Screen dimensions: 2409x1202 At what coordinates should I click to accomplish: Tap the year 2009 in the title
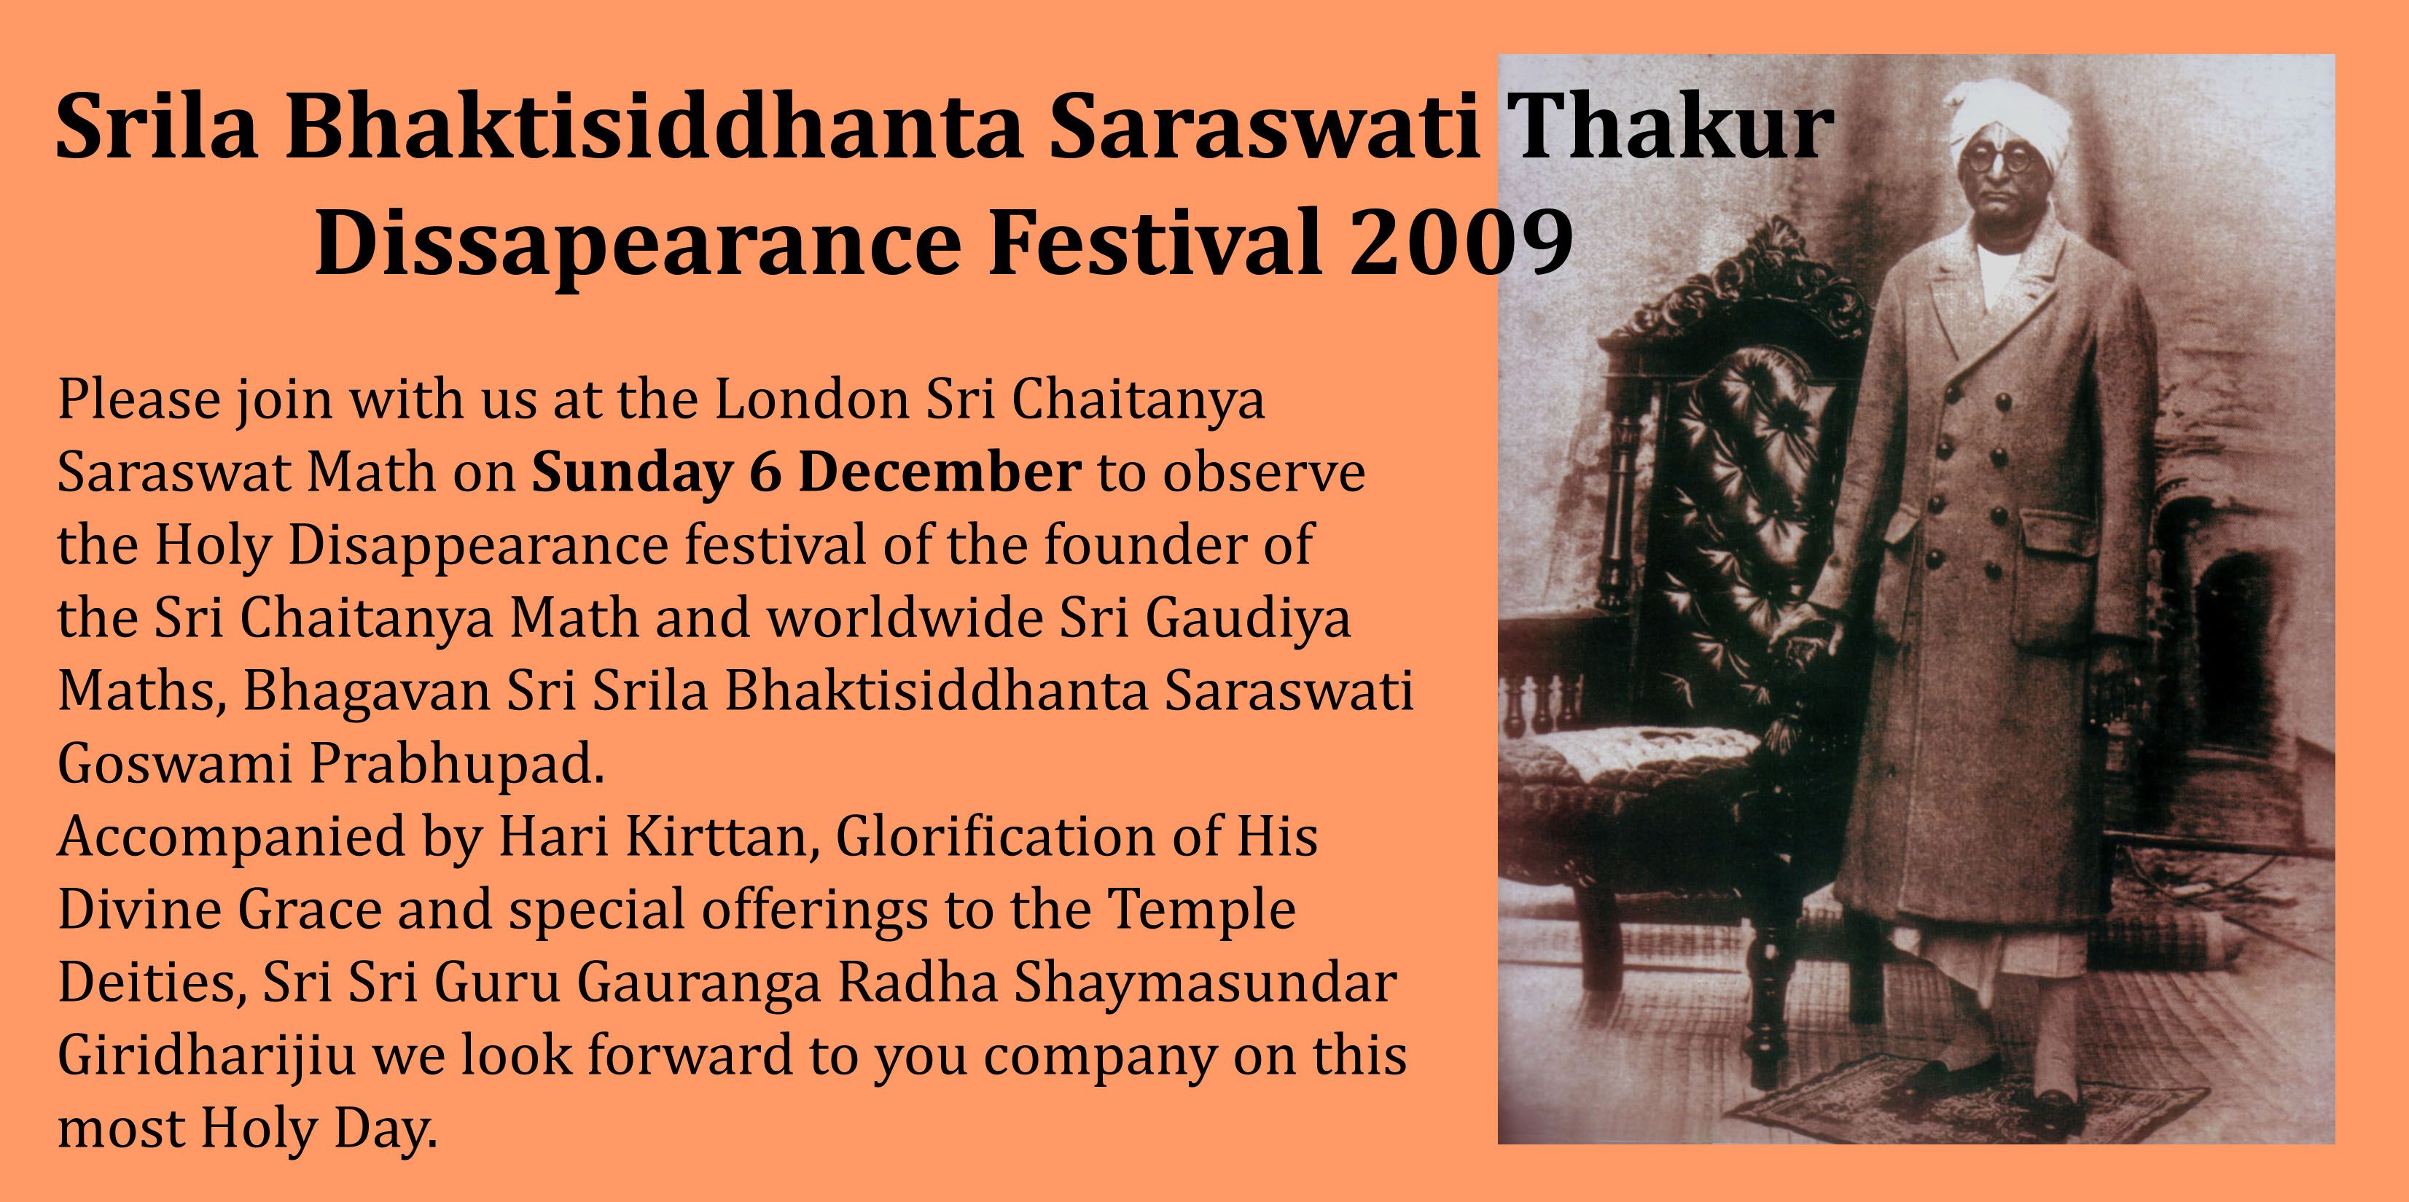1461,242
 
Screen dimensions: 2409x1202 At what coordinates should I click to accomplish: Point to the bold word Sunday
632,473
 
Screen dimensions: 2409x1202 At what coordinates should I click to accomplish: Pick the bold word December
940,472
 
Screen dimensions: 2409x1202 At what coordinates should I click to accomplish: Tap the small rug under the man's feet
1964,1104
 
